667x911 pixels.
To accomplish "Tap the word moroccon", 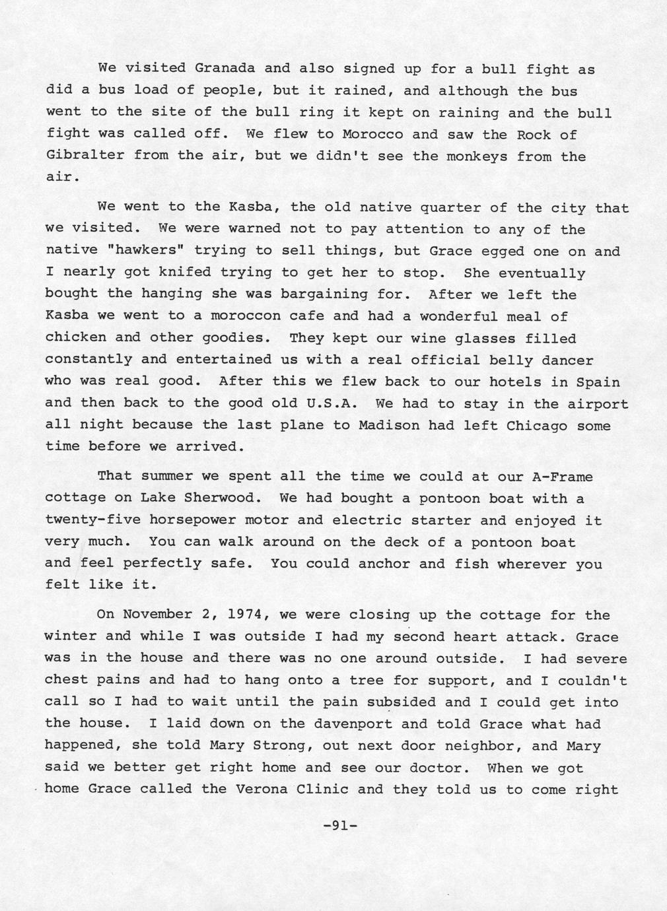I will (245, 316).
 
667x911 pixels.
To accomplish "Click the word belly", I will (510, 360).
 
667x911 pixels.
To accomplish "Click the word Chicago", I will (536, 425).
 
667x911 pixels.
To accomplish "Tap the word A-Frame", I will (561, 477).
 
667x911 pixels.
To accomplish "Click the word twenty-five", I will (92, 520).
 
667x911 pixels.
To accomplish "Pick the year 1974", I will (245, 615).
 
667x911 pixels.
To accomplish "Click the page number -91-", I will (339, 825).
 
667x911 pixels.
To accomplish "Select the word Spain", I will (598, 382).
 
